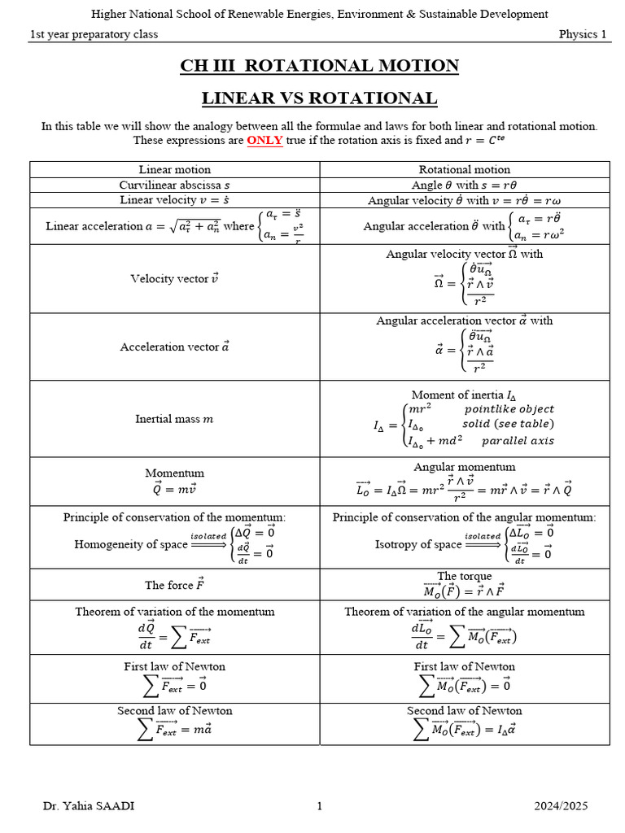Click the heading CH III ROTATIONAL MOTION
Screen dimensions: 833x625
(x=319, y=66)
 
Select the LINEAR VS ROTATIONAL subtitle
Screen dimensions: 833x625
(x=319, y=98)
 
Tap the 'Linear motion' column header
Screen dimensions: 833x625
(x=174, y=169)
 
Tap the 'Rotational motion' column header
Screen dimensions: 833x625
(x=465, y=169)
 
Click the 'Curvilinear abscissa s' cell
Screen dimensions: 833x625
(x=174, y=185)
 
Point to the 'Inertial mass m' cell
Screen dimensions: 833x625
(x=174, y=419)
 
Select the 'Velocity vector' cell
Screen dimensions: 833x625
(x=174, y=279)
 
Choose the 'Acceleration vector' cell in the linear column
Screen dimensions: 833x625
(x=174, y=347)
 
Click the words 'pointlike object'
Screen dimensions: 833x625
(x=509, y=408)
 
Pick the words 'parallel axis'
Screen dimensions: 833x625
(x=518, y=441)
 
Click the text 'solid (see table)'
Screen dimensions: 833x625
(x=508, y=424)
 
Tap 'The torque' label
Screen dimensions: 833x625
(x=465, y=576)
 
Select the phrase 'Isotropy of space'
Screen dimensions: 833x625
(x=417, y=544)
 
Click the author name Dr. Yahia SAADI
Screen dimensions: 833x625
(x=89, y=806)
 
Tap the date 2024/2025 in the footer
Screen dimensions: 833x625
(x=561, y=806)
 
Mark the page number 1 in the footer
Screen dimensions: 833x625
(x=320, y=806)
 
